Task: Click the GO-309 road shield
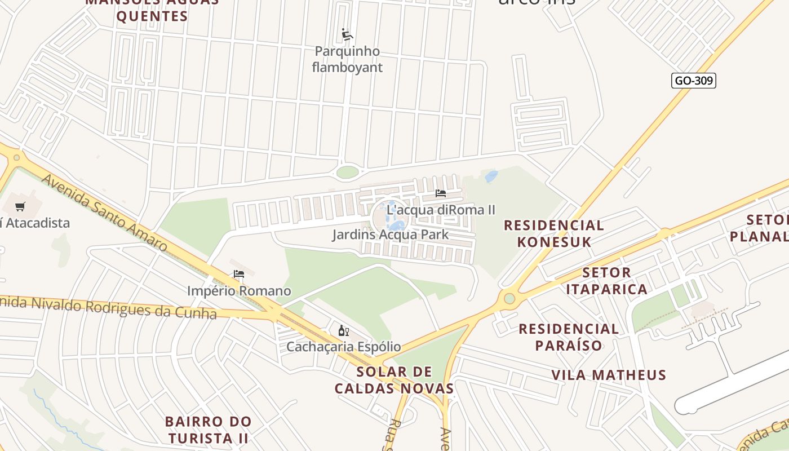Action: (694, 81)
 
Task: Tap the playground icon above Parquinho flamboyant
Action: (347, 35)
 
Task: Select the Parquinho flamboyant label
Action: (348, 59)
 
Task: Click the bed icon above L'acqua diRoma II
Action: (441, 193)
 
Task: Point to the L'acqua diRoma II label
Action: (442, 210)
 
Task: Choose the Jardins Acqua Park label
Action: (390, 235)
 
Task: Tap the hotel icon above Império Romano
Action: (239, 275)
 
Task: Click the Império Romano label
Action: (239, 291)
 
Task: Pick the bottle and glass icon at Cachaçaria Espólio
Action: (343, 330)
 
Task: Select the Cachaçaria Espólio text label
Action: (343, 347)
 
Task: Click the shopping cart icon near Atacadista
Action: (20, 207)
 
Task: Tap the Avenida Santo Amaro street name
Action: (105, 213)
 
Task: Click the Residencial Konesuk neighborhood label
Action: (553, 233)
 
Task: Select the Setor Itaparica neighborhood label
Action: (606, 281)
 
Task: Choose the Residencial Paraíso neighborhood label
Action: (569, 337)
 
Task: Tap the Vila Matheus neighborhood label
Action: (609, 375)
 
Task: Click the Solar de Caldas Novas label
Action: (394, 380)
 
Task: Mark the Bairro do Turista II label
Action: (208, 430)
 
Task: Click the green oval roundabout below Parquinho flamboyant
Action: (347, 172)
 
